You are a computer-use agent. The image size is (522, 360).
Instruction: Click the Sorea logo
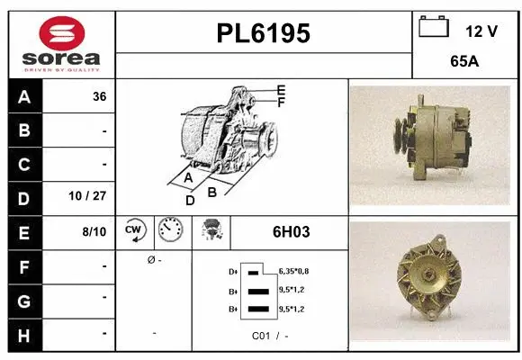(60, 43)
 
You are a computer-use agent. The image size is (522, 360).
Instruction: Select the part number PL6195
(264, 33)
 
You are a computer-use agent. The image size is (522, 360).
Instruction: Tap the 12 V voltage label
(481, 31)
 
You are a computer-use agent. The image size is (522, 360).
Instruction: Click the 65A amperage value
(463, 63)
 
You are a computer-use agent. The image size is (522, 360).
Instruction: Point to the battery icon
(433, 28)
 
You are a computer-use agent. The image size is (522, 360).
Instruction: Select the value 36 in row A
(99, 97)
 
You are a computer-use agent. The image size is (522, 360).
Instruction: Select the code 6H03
(291, 232)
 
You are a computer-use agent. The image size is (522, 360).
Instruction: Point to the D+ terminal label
(234, 270)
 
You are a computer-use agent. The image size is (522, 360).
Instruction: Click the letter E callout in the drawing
(281, 90)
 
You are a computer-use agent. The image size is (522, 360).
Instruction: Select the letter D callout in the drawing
(190, 201)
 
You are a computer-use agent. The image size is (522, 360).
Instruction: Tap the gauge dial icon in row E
(169, 231)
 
